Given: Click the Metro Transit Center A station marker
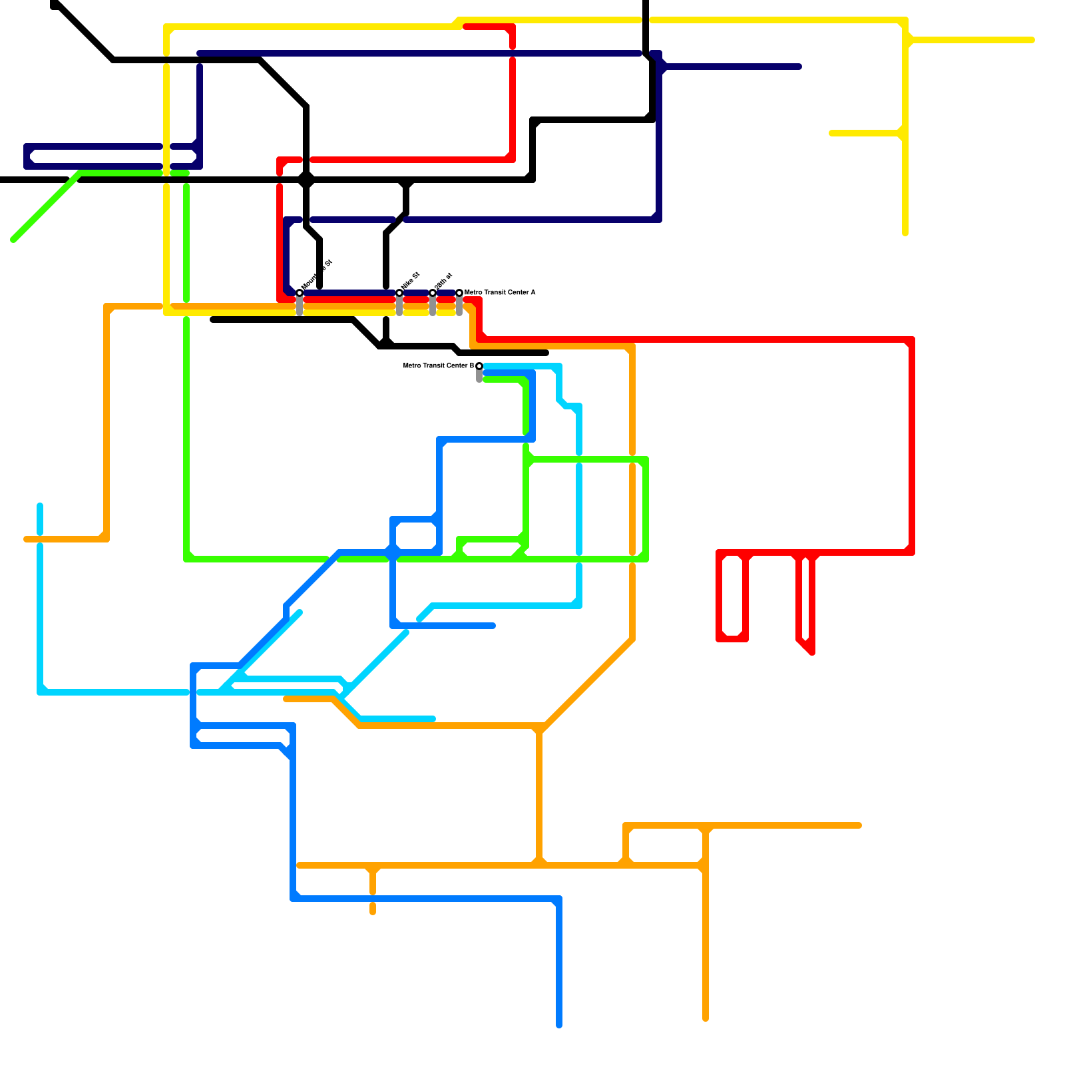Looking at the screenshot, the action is pyautogui.click(x=459, y=293).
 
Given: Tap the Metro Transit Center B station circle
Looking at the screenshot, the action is pyautogui.click(x=479, y=366).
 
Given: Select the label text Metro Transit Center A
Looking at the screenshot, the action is pyautogui.click(x=500, y=293).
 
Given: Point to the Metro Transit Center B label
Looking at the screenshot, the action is pyautogui.click(x=438, y=366).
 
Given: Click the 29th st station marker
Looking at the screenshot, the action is pyautogui.click(x=433, y=293).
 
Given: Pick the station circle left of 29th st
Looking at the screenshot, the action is pyautogui.click(x=399, y=293).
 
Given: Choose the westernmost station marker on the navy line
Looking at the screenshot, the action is pyautogui.click(x=300, y=293).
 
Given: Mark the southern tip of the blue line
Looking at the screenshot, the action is pyautogui.click(x=559, y=1025).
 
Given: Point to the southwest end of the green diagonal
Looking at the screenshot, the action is pyautogui.click(x=13, y=240).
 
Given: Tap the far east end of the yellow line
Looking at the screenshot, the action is pyautogui.click(x=1032, y=40).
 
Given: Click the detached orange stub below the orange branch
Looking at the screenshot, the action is pyautogui.click(x=373, y=909).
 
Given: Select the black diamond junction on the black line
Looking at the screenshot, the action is pyautogui.click(x=306, y=180).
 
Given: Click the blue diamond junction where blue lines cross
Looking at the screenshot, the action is pyautogui.click(x=393, y=552).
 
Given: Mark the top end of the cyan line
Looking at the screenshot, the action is pyautogui.click(x=40, y=506).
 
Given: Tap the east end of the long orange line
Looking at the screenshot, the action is pyautogui.click(x=859, y=825).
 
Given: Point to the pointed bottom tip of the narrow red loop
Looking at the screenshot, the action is pyautogui.click(x=812, y=652).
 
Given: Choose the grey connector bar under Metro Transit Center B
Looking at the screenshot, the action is pyautogui.click(x=479, y=376).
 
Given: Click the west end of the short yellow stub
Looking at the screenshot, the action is pyautogui.click(x=832, y=133).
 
